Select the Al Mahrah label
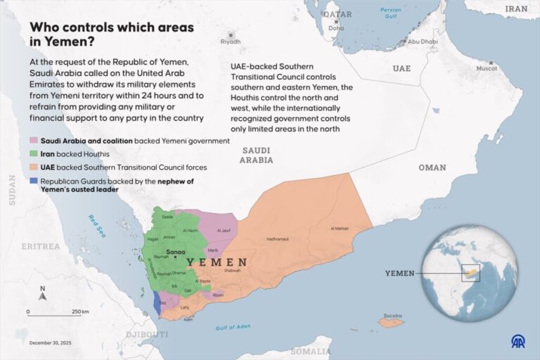point(340,229)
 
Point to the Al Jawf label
point(224,230)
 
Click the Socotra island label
point(393,314)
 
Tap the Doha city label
point(337,29)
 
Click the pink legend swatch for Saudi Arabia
point(34,141)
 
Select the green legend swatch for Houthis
point(34,154)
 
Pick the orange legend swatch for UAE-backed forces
point(34,167)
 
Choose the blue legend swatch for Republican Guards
point(34,181)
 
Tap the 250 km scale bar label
point(80,311)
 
